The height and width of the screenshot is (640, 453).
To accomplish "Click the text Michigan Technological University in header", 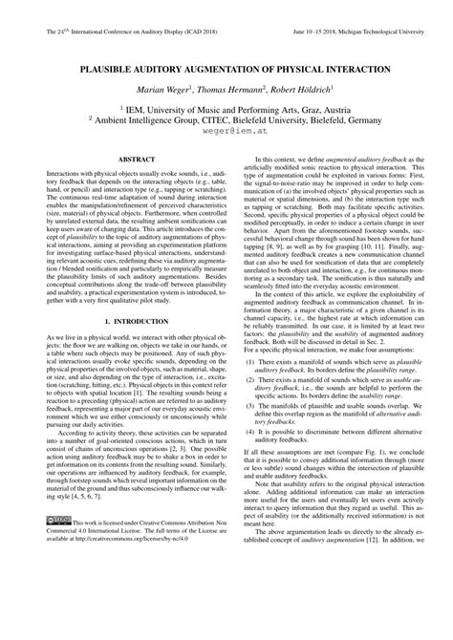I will (387, 32).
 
